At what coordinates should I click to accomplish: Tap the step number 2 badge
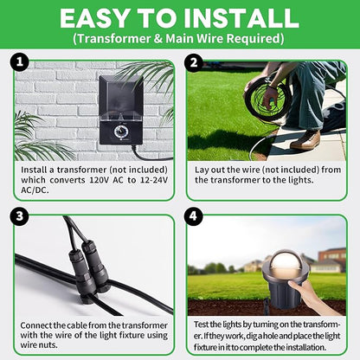[x=196, y=63]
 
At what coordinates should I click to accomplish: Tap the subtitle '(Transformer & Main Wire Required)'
[x=179, y=39]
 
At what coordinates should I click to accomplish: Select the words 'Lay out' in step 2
[x=206, y=170]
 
